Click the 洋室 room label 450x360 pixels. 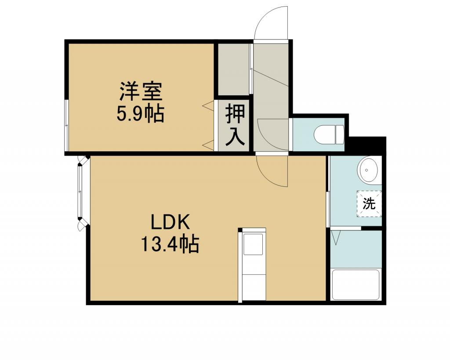[x=140, y=91]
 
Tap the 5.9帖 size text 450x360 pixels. [x=140, y=113]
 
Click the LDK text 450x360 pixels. [x=170, y=222]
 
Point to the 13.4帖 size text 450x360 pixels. [x=170, y=244]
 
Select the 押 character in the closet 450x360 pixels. [x=236, y=114]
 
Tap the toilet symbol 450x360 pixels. [x=329, y=134]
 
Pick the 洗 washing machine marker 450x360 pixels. [x=369, y=204]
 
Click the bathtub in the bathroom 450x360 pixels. [x=356, y=284]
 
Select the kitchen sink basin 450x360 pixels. [x=253, y=244]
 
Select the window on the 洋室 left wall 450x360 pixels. [x=67, y=125]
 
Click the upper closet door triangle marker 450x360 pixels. [x=208, y=105]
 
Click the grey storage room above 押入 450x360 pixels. [x=233, y=69]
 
